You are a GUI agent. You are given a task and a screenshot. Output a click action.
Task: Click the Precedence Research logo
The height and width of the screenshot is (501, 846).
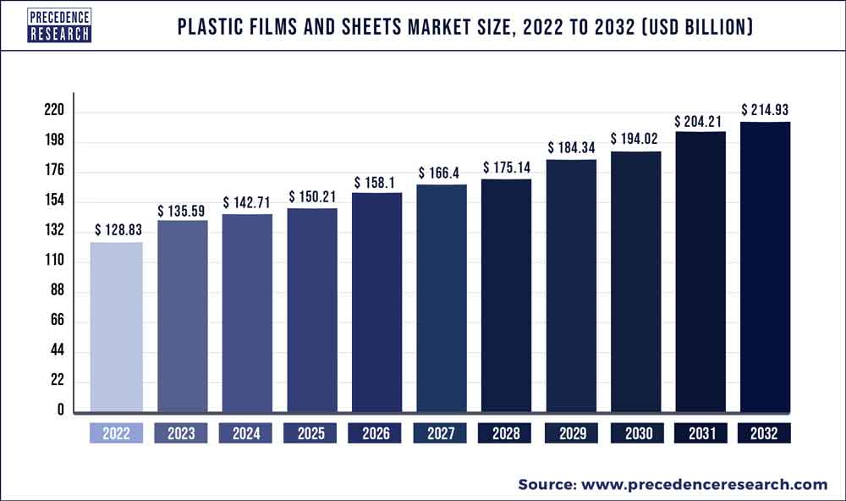[x=58, y=25]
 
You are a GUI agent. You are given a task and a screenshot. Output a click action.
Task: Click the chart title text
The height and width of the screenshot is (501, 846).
[x=465, y=28]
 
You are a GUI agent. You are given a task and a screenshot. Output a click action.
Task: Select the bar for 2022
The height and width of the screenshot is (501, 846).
[x=116, y=328]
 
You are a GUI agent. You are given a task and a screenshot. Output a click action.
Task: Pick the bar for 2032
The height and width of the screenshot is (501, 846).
[x=766, y=267]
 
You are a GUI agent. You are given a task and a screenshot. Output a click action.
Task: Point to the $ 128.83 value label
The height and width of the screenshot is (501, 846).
[x=117, y=229]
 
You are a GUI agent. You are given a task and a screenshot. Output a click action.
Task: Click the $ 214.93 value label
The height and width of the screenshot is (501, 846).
[x=766, y=110]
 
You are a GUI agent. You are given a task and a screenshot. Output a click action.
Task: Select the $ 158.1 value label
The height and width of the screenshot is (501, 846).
[x=376, y=180]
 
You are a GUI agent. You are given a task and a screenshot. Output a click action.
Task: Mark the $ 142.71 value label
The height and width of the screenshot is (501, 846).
[x=247, y=202]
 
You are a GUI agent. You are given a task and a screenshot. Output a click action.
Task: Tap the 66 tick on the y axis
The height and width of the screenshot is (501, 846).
[x=57, y=322]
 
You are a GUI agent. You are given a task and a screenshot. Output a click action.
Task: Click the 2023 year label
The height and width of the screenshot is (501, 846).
[x=181, y=433]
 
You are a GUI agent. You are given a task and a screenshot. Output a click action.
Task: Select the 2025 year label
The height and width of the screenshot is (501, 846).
[x=311, y=433]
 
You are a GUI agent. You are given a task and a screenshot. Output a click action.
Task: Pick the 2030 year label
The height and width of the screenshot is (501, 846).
[x=635, y=433]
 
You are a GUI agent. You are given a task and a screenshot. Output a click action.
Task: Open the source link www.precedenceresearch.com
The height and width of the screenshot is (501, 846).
[x=703, y=484]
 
